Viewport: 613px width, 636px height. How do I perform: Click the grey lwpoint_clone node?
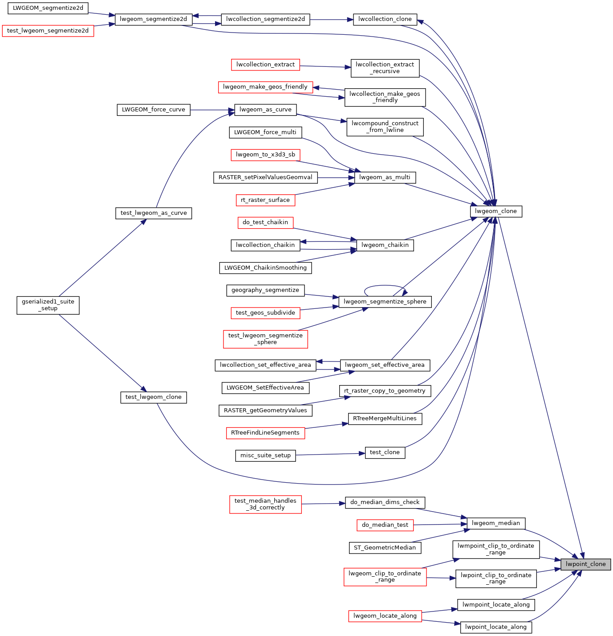tap(585, 564)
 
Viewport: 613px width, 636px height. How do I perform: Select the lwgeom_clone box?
tap(495, 211)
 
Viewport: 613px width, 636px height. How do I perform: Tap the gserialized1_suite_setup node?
tap(48, 305)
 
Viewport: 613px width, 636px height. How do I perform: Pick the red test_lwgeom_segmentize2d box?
tap(48, 31)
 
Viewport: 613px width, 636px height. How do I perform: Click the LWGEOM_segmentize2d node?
tap(48, 8)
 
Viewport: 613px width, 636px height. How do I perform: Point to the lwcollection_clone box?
tap(385, 19)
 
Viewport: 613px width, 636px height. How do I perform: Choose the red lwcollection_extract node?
tap(265, 65)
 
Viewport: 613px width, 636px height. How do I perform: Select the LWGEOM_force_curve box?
tap(153, 110)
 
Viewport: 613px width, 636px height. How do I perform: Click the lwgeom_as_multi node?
tap(384, 177)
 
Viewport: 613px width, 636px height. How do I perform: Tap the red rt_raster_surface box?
tap(265, 200)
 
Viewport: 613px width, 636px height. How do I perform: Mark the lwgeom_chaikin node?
tap(385, 245)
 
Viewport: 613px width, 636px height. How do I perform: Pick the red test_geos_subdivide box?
tap(265, 313)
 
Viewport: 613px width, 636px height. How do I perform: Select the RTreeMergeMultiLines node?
tap(385, 419)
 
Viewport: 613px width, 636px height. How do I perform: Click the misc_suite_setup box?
tap(265, 455)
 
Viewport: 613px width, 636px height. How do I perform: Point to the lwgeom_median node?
tap(495, 523)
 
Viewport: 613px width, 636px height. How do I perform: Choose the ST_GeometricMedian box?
tap(385, 548)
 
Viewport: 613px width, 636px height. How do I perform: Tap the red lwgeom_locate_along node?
tap(385, 616)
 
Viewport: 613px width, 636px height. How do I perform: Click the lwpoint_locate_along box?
tap(495, 627)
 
